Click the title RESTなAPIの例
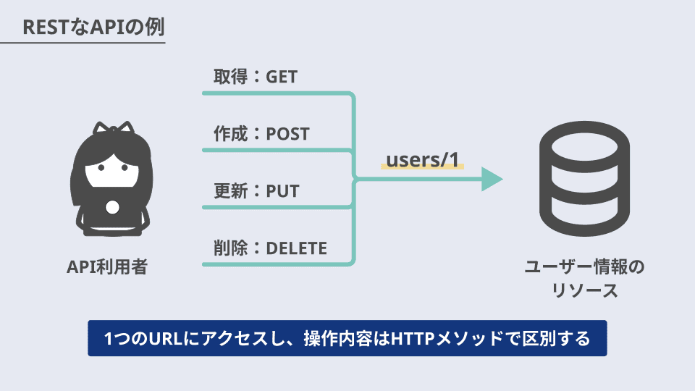[93, 27]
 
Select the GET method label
[282, 77]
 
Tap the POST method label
[287, 134]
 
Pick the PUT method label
[282, 191]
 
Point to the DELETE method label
[296, 248]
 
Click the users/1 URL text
[422, 159]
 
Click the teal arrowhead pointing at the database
[492, 179]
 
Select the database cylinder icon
[584, 179]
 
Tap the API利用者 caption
[107, 267]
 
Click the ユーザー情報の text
[584, 267]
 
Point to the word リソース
[584, 291]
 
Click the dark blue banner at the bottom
[347, 338]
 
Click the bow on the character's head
[113, 127]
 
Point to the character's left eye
[101, 167]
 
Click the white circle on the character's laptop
[113, 208]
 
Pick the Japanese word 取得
[230, 77]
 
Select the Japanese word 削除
[230, 248]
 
